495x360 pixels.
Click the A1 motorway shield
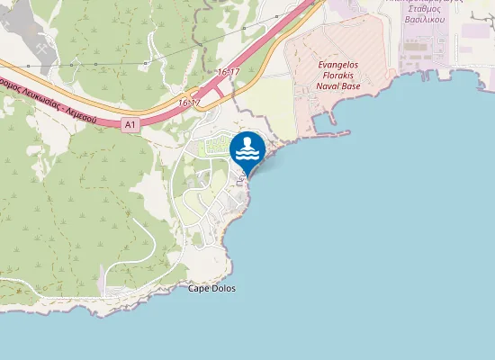point(130,125)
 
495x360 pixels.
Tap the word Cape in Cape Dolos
point(199,288)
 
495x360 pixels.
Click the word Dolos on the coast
point(223,288)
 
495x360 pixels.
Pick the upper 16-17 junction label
point(229,71)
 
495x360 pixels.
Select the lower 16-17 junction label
point(189,103)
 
